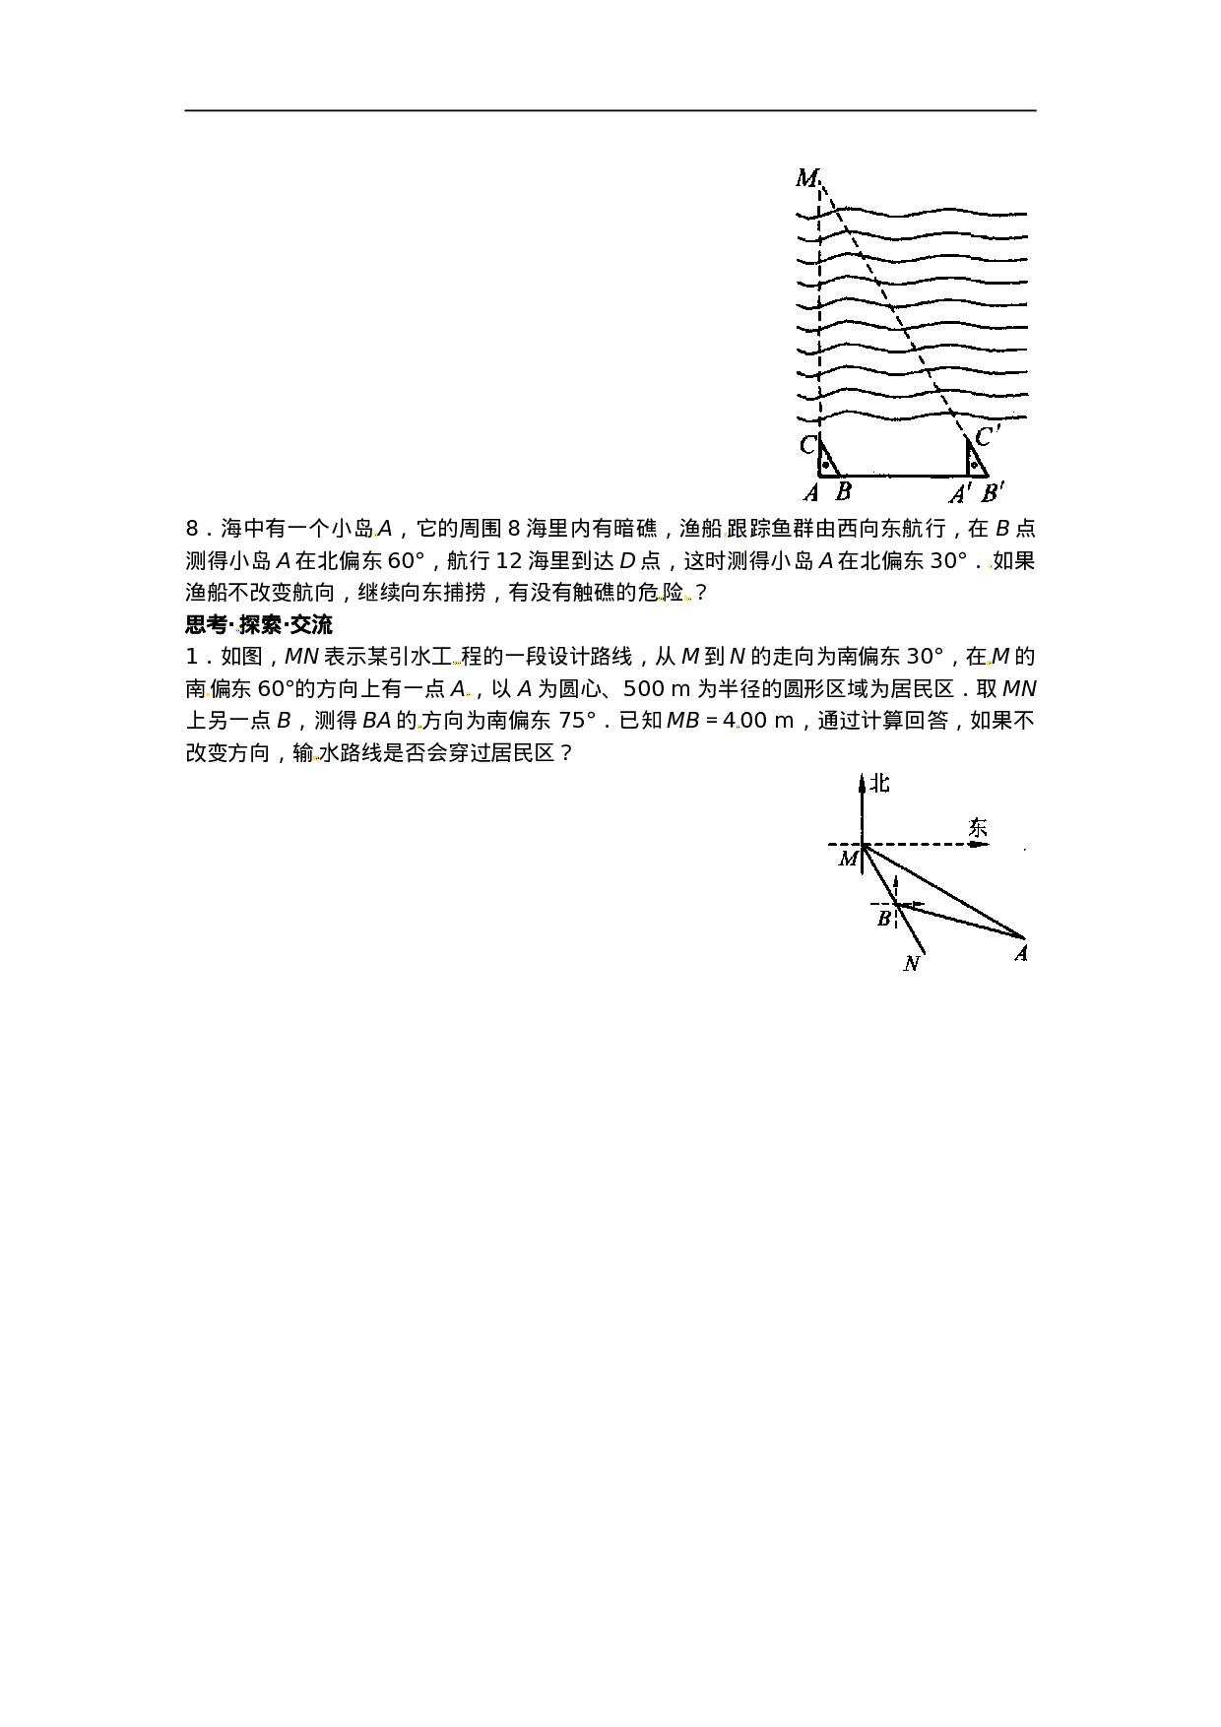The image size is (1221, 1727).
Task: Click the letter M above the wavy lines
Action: pyautogui.click(x=806, y=178)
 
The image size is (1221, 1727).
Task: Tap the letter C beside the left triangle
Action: pyautogui.click(x=807, y=445)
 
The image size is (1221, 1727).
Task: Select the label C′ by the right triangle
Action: pyautogui.click(x=987, y=436)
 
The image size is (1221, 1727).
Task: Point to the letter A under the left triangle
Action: pyautogui.click(x=811, y=493)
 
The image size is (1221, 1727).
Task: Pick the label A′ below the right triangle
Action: pyautogui.click(x=960, y=494)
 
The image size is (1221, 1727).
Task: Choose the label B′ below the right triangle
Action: pyautogui.click(x=993, y=493)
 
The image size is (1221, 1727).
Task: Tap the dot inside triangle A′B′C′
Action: pyautogui.click(x=974, y=464)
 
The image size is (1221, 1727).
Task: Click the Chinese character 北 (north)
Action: pyautogui.click(x=879, y=784)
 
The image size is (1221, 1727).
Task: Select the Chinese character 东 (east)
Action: pyautogui.click(x=977, y=828)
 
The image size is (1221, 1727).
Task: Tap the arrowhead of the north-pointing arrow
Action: pyautogui.click(x=863, y=781)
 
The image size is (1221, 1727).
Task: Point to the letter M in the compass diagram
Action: pyautogui.click(x=848, y=860)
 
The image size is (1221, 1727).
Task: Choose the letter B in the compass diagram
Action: pyautogui.click(x=884, y=919)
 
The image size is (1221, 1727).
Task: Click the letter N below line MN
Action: pyautogui.click(x=912, y=963)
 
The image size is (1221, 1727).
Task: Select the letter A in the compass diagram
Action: pyautogui.click(x=1021, y=953)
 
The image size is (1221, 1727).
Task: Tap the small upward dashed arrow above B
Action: pyautogui.click(x=895, y=885)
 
